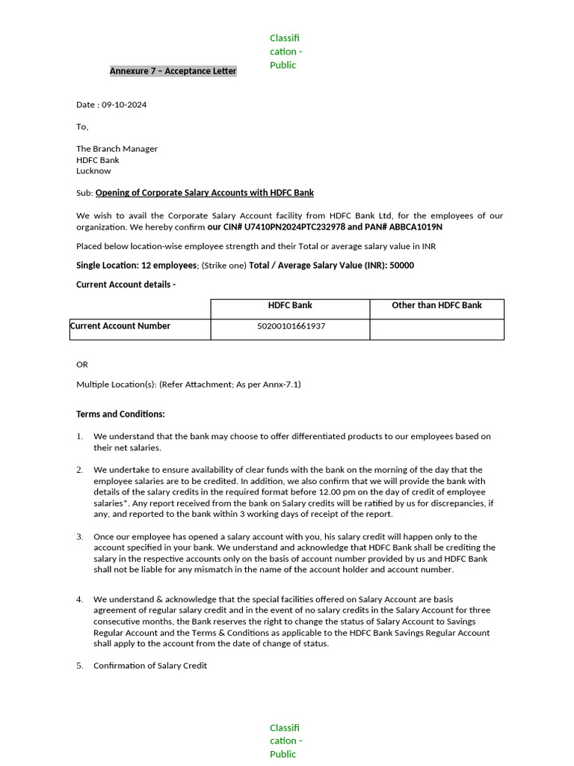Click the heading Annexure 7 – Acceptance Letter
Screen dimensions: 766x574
173,71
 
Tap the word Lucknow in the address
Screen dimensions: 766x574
93,171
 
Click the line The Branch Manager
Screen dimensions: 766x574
117,149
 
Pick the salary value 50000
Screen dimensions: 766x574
401,266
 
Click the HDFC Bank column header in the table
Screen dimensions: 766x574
290,305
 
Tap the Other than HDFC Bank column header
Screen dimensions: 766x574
436,305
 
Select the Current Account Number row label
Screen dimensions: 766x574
120,326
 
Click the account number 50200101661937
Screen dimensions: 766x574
291,327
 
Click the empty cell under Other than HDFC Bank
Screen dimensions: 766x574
436,329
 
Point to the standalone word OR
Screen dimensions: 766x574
82,364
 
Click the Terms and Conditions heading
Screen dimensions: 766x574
120,414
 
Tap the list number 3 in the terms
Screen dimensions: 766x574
79,537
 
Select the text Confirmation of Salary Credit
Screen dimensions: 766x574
150,666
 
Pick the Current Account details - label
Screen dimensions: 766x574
126,285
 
